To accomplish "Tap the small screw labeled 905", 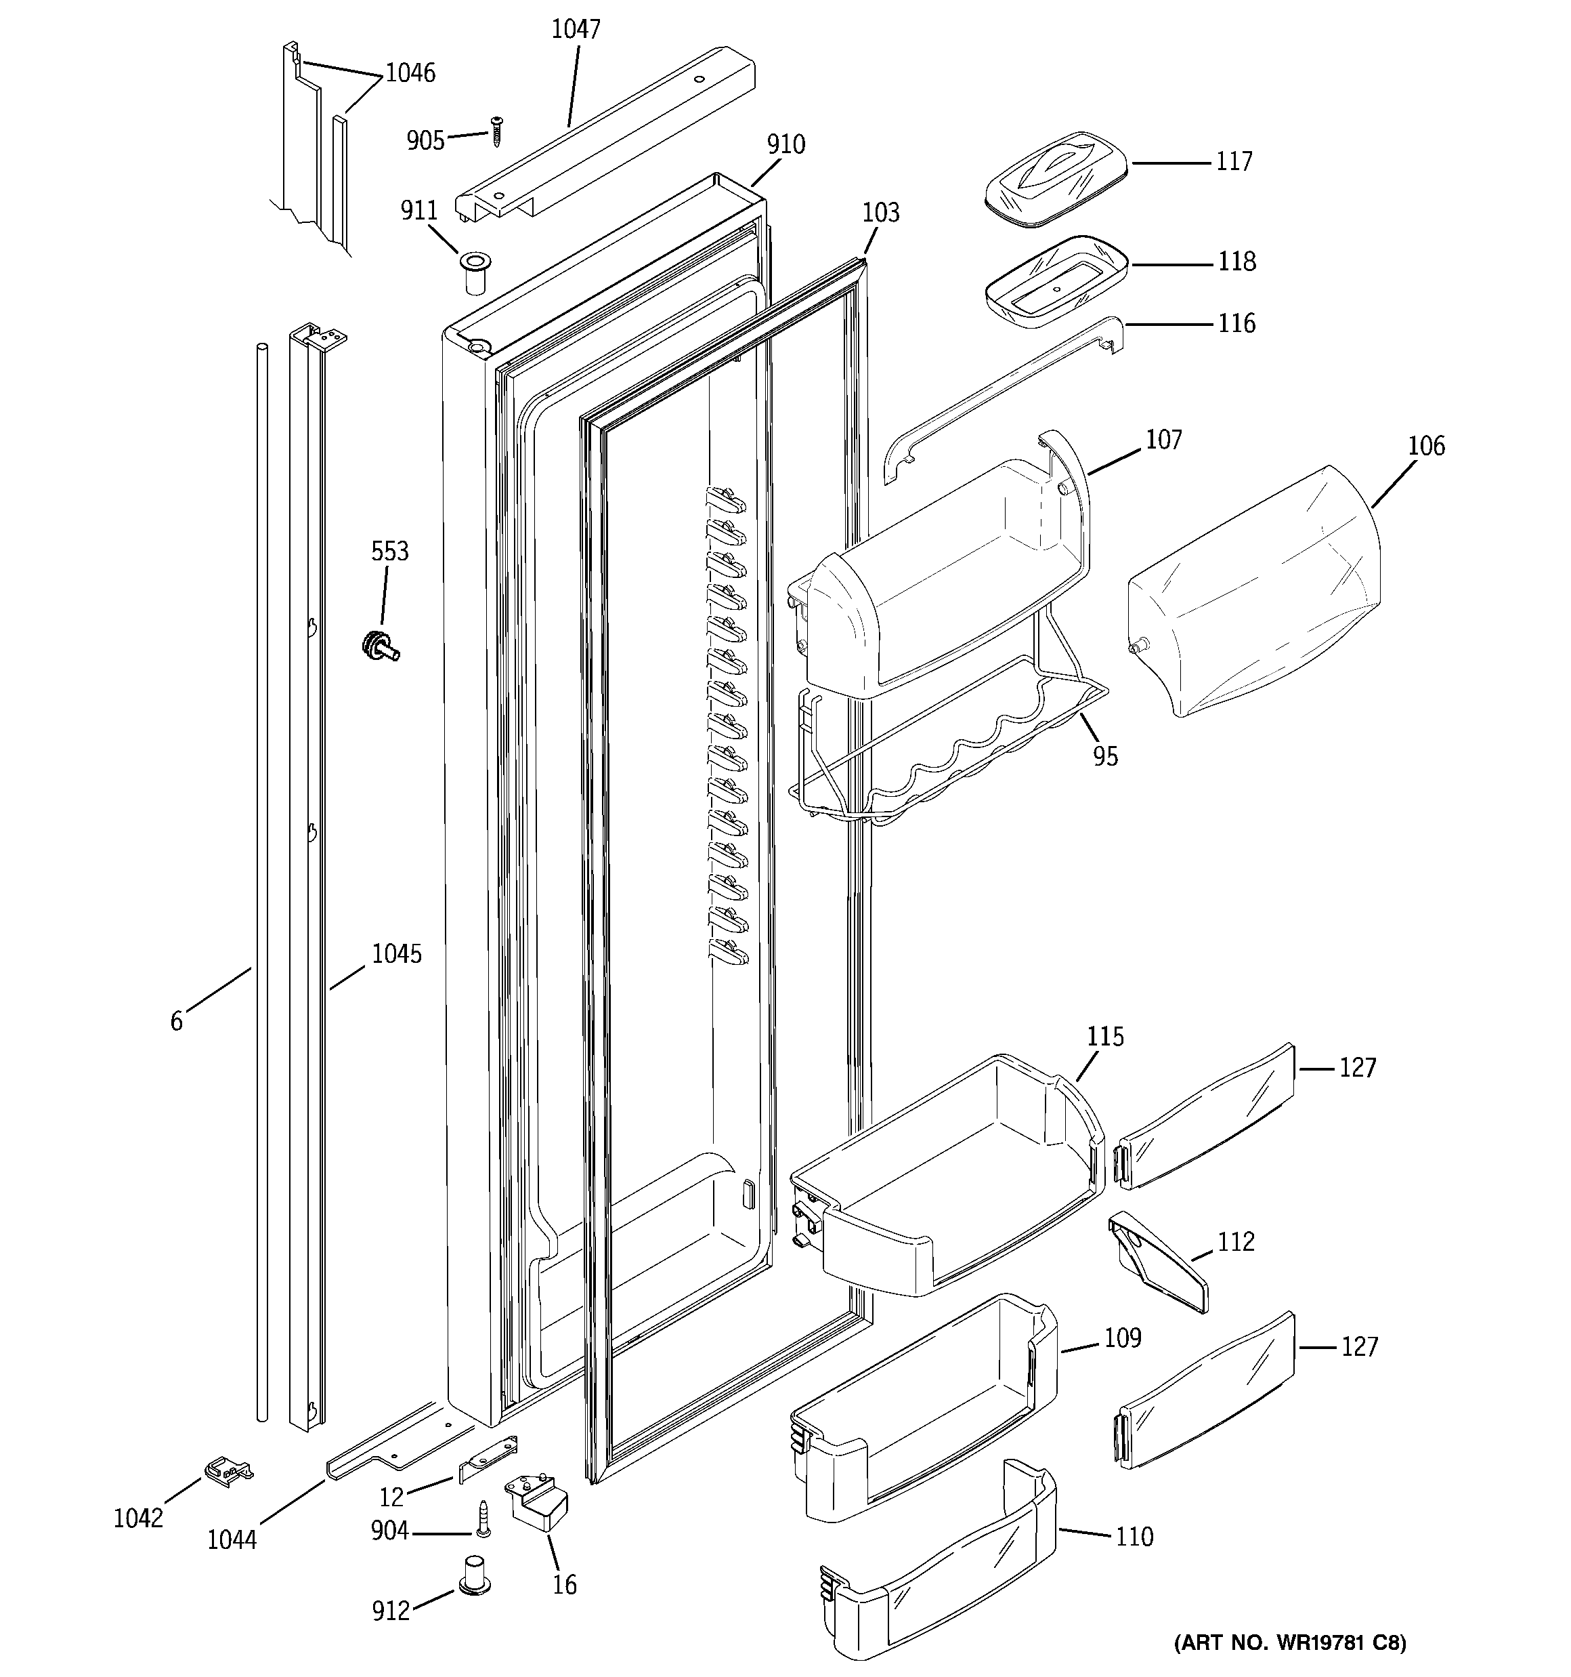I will tap(496, 131).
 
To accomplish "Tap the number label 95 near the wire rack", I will tap(1104, 755).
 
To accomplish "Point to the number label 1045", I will tap(396, 954).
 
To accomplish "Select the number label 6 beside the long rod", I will tap(176, 1022).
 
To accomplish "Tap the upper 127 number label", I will tap(1357, 1068).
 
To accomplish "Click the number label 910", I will tap(785, 144).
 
